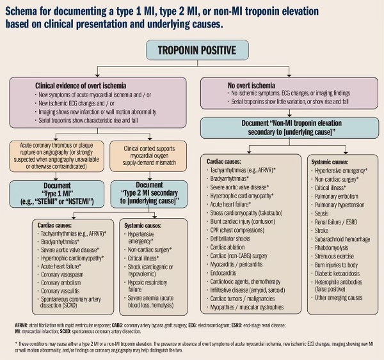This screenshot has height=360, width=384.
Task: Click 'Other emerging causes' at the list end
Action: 339,297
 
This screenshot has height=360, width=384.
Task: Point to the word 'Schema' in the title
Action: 24,8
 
